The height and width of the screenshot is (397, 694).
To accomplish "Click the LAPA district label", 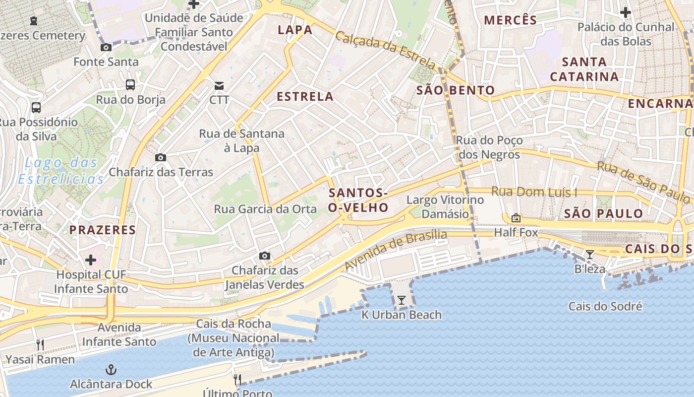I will (x=295, y=30).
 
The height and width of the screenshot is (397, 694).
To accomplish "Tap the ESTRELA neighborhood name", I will (x=305, y=96).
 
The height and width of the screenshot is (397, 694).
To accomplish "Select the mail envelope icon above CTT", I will (x=219, y=86).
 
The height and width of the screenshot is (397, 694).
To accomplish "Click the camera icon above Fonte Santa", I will (x=106, y=48).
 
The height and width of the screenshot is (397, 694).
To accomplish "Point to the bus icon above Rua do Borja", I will (x=130, y=85).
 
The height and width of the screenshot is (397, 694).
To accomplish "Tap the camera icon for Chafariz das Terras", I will (x=161, y=158).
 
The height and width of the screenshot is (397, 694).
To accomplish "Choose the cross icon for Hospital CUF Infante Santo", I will (x=91, y=260).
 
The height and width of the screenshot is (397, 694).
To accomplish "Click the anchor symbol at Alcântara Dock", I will (x=111, y=370).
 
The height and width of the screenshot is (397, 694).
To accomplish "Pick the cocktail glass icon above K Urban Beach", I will (x=402, y=300).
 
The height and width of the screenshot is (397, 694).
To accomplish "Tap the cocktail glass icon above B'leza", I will (x=590, y=255).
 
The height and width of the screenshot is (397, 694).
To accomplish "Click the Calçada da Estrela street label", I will (x=385, y=50).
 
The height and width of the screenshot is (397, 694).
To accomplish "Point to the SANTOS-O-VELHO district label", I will (x=357, y=200).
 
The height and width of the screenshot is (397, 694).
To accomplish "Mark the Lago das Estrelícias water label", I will (x=61, y=171).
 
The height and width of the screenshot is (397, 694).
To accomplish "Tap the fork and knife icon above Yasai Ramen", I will (x=40, y=345).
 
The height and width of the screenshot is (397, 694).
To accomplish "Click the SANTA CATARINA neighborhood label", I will (x=584, y=69).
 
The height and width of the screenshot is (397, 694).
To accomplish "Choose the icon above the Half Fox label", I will (x=516, y=218).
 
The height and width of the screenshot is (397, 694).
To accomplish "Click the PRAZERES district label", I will (x=102, y=230).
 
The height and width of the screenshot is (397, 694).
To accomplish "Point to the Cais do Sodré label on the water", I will (x=605, y=306).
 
